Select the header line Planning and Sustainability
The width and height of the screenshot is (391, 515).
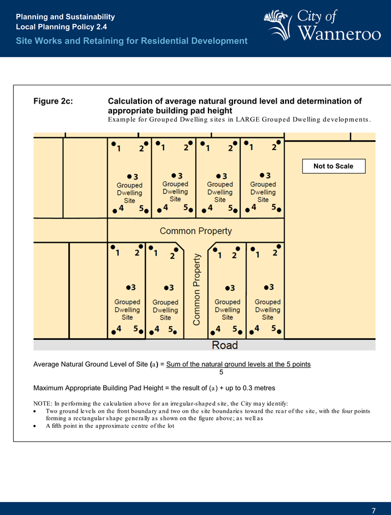[65, 17]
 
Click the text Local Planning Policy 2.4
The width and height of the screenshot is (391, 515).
[62, 27]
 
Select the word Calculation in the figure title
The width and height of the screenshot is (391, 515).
[133, 101]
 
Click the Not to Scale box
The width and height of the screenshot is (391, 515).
[333, 166]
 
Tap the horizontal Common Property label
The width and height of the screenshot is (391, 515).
[196, 231]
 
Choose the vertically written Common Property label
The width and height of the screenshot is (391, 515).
[196, 290]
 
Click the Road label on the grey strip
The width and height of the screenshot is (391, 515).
[225, 345]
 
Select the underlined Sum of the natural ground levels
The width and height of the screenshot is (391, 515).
[238, 364]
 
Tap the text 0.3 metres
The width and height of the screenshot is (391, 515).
[258, 387]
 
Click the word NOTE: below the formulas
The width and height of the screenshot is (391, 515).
[43, 403]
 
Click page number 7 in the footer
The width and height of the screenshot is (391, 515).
[374, 510]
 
